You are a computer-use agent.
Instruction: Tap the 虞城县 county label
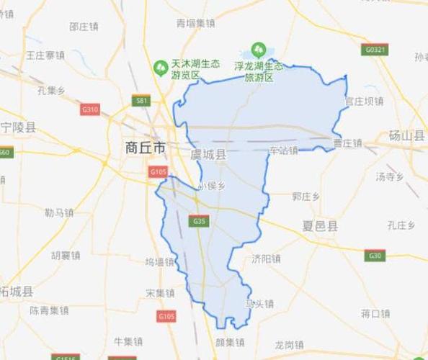[x=208, y=155]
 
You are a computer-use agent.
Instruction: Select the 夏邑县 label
[x=320, y=226]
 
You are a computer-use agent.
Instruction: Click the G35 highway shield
[x=200, y=221]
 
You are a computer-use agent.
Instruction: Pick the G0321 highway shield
[x=375, y=50]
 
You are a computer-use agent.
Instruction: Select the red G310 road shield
[x=90, y=109]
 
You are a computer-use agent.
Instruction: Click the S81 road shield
[x=142, y=101]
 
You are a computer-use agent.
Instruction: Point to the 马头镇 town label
[x=259, y=304]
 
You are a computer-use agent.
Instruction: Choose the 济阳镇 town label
[x=266, y=258]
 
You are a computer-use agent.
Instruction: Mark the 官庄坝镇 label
[x=364, y=102]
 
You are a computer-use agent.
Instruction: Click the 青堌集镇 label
[x=196, y=24]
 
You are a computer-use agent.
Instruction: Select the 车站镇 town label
[x=283, y=150]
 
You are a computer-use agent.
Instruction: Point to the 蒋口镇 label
[x=375, y=313]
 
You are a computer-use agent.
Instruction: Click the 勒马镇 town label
[x=59, y=212]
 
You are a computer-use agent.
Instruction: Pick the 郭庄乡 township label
[x=306, y=196]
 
